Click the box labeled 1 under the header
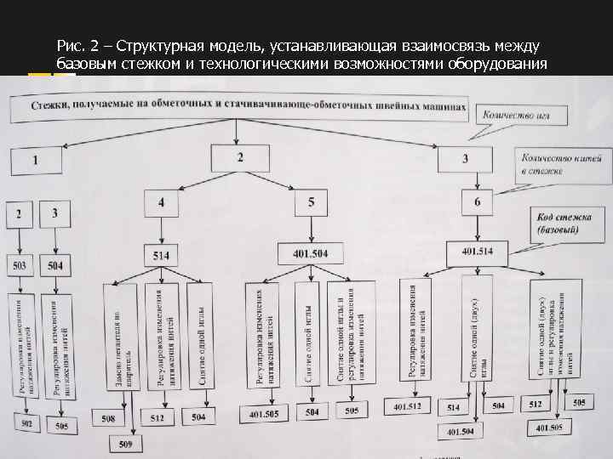[x=36, y=159]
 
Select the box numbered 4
[x=162, y=204]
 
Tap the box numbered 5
[x=311, y=202]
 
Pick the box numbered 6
[x=477, y=202]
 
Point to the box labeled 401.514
[x=477, y=252]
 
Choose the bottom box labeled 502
[x=26, y=424]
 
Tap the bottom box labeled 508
[x=109, y=418]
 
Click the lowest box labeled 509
[x=124, y=442]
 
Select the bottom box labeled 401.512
[x=408, y=407]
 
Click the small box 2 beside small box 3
[x=20, y=214]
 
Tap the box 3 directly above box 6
[x=465, y=158]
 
